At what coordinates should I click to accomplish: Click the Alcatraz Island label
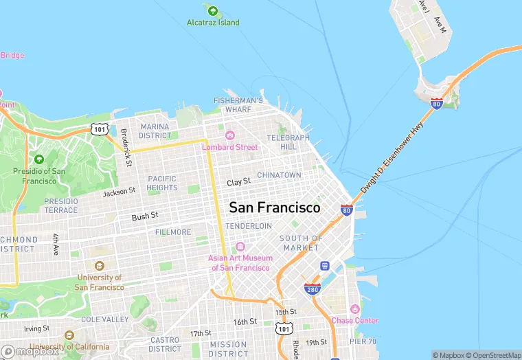pos(213,23)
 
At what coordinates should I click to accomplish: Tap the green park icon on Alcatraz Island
pos(213,10)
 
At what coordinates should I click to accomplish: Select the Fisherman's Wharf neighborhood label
pos(238,104)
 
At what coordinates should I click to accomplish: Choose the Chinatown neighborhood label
pos(279,175)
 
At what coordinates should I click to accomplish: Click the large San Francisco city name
pos(274,207)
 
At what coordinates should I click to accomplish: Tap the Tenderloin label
pos(249,226)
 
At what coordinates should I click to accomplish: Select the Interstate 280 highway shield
pos(313,289)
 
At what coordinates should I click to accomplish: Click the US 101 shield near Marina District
pos(100,128)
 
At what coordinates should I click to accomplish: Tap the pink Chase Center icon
pos(354,310)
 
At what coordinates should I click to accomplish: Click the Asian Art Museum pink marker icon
pos(240,247)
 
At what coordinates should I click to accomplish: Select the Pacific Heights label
pos(162,183)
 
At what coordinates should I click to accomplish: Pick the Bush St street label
pos(145,216)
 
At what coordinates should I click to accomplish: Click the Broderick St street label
pos(126,146)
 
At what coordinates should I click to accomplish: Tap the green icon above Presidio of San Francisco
pos(38,159)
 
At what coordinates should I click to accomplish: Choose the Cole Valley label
pos(104,319)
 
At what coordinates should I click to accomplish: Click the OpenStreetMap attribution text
pos(493,355)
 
